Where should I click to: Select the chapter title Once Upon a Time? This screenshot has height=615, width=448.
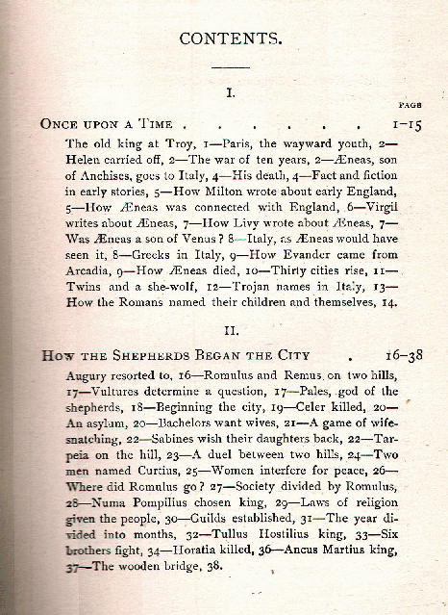107,124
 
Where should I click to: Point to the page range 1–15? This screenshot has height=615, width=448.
404,124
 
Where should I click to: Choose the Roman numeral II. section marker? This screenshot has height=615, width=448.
231,329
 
